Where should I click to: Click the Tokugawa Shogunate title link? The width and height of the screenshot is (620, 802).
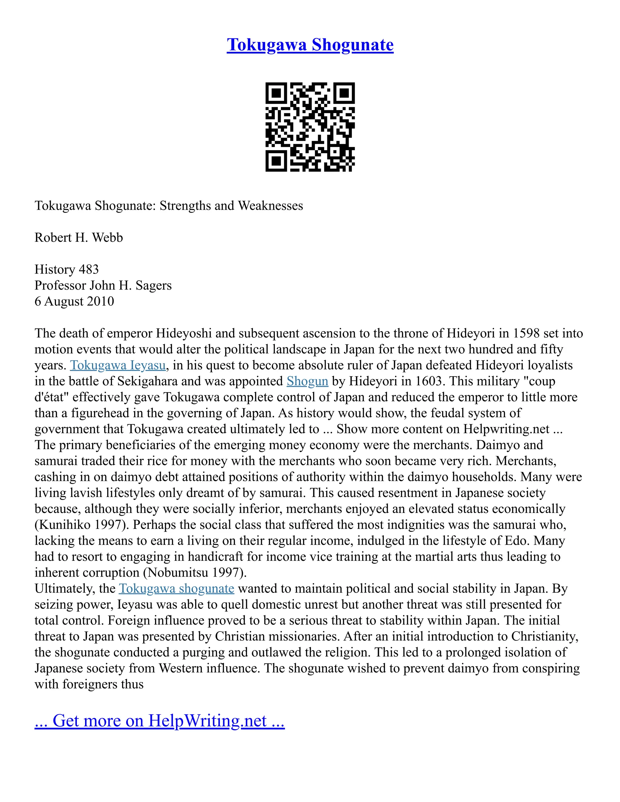click(x=310, y=45)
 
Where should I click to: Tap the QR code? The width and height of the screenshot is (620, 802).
click(x=310, y=127)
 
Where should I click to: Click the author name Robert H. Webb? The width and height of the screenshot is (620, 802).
click(x=79, y=238)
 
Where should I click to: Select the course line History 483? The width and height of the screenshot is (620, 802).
click(x=67, y=270)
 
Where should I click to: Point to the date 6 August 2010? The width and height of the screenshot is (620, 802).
click(x=74, y=301)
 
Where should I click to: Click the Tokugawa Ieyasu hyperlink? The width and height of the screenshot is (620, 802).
click(x=118, y=365)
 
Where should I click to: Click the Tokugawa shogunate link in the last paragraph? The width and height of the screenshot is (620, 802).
click(x=176, y=589)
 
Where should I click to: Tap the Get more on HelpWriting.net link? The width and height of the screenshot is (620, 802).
click(x=160, y=721)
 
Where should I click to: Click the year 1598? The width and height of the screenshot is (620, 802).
click(x=526, y=334)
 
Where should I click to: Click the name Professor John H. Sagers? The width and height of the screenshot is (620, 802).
click(x=103, y=285)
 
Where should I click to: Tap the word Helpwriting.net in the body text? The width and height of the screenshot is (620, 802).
click(x=506, y=429)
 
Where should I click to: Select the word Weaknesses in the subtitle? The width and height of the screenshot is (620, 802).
click(x=270, y=205)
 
